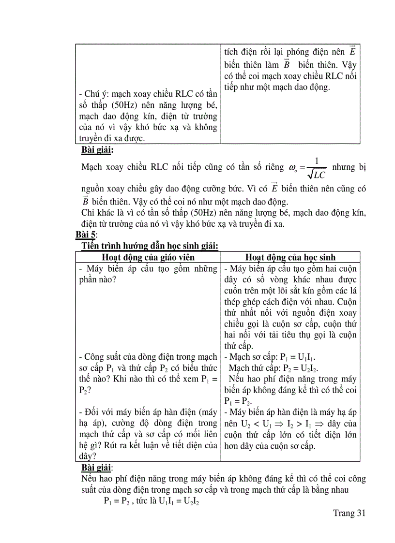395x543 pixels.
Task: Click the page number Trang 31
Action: click(348, 514)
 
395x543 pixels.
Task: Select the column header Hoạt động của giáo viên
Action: click(149, 258)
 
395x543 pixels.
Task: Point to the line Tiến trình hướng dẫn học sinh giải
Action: click(150, 246)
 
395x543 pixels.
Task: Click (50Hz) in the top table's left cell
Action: click(112, 105)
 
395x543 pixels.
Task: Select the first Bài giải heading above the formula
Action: click(97, 150)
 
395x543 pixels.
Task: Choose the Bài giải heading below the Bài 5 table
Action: click(97, 468)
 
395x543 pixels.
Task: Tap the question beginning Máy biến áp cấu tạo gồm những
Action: click(148, 269)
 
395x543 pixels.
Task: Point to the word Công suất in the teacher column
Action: click(100, 358)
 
